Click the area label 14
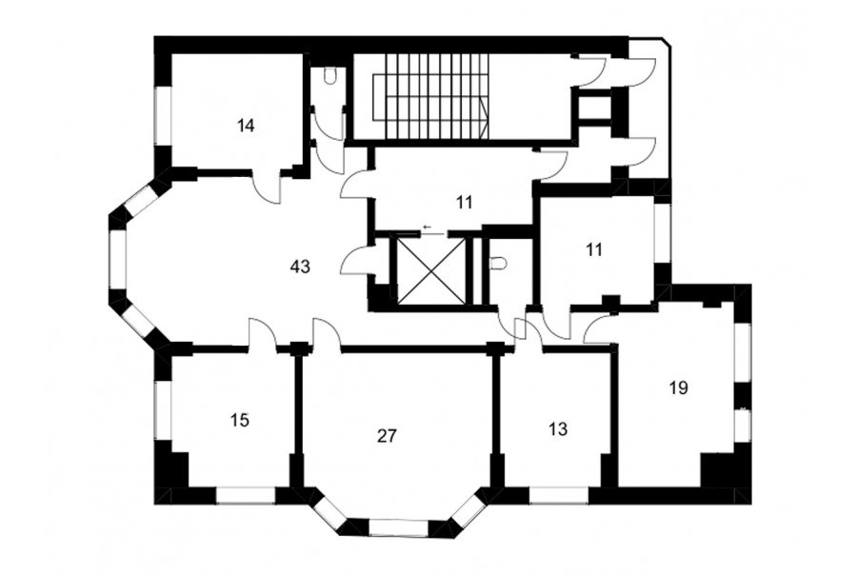pos(246,126)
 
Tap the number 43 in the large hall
pos(301,267)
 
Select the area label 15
pos(240,421)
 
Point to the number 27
pos(387,436)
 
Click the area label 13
pos(558,429)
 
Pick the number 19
pos(678,388)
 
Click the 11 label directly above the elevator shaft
pos(464,203)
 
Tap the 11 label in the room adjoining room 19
pos(594,249)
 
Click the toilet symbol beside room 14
pos(329,75)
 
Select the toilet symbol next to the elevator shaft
pos(498,264)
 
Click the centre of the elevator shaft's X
pos(428,270)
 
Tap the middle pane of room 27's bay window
pos(398,528)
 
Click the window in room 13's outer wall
pos(559,495)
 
